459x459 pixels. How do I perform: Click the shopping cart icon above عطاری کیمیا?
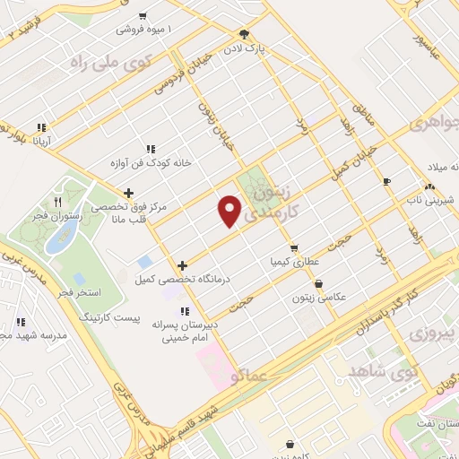(x=292, y=248)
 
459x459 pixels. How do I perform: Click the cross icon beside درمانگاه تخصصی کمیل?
(x=183, y=265)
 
